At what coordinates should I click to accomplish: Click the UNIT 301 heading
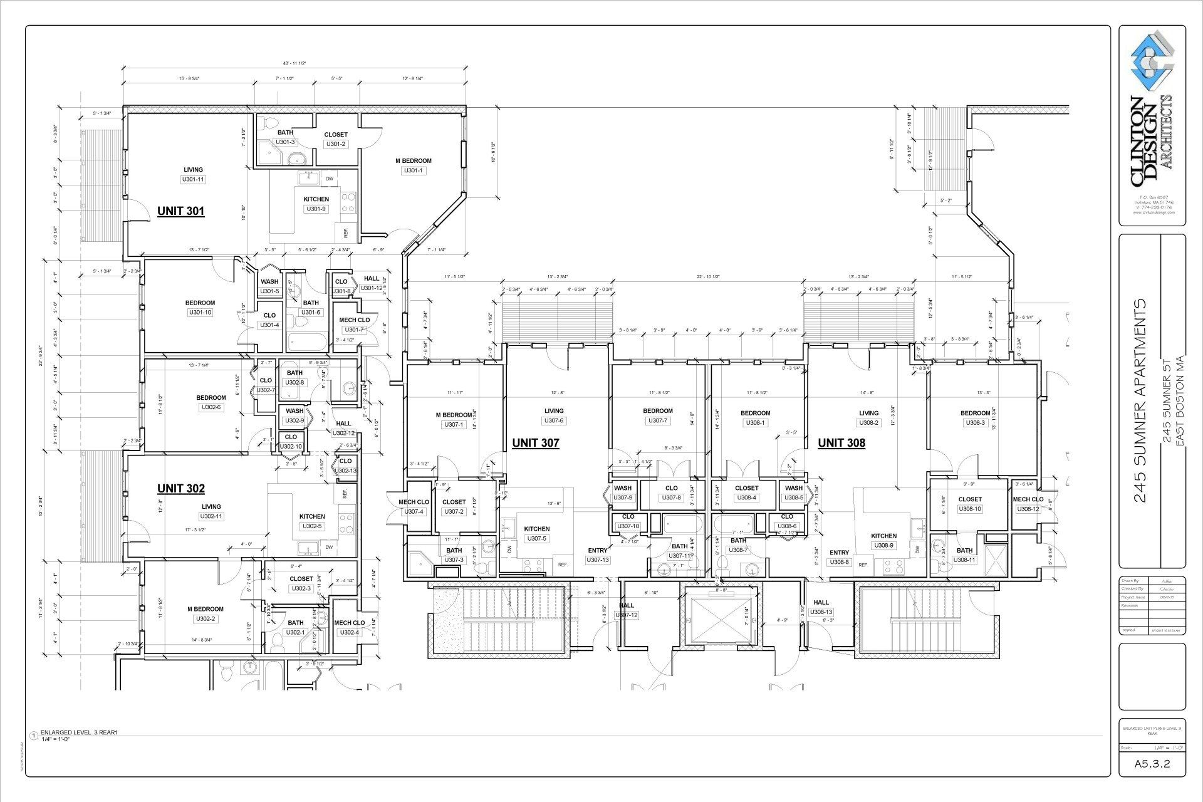click(180, 211)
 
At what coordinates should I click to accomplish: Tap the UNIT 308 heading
click(841, 443)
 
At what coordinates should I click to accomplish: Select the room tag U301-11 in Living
click(193, 180)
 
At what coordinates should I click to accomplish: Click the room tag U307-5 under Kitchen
click(536, 538)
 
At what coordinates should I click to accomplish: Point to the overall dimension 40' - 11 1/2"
click(294, 63)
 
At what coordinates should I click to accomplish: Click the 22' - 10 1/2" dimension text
click(708, 276)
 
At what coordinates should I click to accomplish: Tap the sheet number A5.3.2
click(1152, 764)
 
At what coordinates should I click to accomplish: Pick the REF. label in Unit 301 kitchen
click(346, 234)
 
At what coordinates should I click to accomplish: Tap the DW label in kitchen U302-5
click(329, 547)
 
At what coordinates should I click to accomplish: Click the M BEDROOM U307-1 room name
click(454, 415)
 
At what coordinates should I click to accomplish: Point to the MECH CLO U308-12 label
click(1028, 499)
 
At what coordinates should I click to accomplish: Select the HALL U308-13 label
click(821, 602)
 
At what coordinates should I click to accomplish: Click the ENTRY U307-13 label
click(597, 551)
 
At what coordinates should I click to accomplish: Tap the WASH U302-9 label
click(294, 411)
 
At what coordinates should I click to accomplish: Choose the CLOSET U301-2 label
click(335, 135)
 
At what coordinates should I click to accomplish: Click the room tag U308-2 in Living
click(868, 423)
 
